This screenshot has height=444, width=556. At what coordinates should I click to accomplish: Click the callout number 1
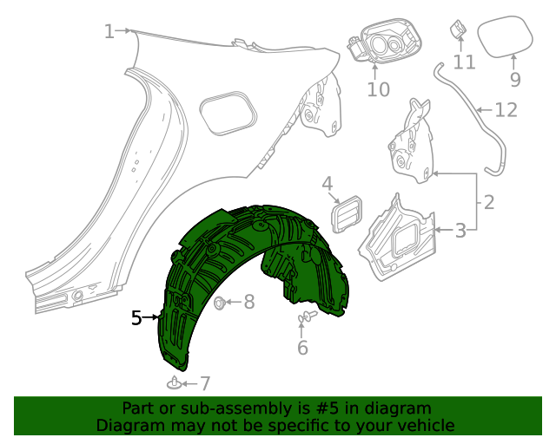pyautogui.click(x=109, y=32)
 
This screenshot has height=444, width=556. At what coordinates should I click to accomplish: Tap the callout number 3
pyautogui.click(x=461, y=230)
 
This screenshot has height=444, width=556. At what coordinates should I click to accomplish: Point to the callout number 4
pyautogui.click(x=328, y=183)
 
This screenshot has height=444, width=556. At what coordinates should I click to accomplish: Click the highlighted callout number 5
pyautogui.click(x=136, y=318)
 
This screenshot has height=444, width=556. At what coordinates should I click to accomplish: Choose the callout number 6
pyautogui.click(x=302, y=348)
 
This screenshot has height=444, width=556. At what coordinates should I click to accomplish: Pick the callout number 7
pyautogui.click(x=205, y=383)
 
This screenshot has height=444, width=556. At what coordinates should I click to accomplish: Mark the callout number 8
pyautogui.click(x=249, y=302)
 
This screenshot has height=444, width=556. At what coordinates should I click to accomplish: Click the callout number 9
pyautogui.click(x=514, y=80)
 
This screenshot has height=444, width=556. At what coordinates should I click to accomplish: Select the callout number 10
pyautogui.click(x=379, y=88)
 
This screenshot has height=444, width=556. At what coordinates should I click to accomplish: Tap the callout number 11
pyautogui.click(x=464, y=62)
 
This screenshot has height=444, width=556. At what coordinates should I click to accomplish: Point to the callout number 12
pyautogui.click(x=506, y=110)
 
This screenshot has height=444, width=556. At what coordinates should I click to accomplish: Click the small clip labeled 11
pyautogui.click(x=457, y=30)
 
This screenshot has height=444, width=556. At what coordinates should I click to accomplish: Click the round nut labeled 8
pyautogui.click(x=220, y=303)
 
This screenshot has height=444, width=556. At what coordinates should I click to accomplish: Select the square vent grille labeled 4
pyautogui.click(x=349, y=213)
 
